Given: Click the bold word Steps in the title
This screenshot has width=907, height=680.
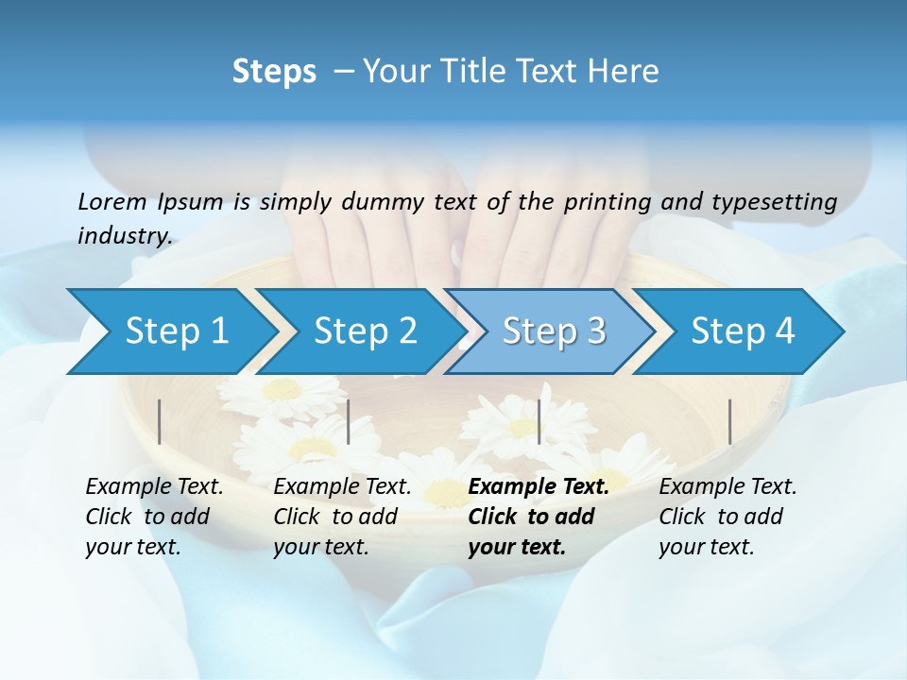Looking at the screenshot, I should pos(274,72).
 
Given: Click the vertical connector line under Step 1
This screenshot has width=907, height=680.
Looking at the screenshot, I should pos(160,421).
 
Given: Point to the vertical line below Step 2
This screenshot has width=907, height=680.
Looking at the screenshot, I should pos(349,421).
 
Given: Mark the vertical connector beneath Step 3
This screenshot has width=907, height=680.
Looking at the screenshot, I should pos(539,421).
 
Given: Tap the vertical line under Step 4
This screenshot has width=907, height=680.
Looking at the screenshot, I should pos(730,421).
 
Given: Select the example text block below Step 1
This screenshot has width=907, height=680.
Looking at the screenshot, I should pos(154,517).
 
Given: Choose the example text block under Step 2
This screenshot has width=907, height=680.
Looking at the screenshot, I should pos(342,517).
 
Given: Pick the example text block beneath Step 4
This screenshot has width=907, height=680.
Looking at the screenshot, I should pos(727,517).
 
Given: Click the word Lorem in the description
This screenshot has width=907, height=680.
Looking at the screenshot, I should pos(112,201).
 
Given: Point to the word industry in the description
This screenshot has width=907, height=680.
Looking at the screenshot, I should pos(124,236).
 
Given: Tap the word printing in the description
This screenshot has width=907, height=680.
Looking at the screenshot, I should pos(607,202).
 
